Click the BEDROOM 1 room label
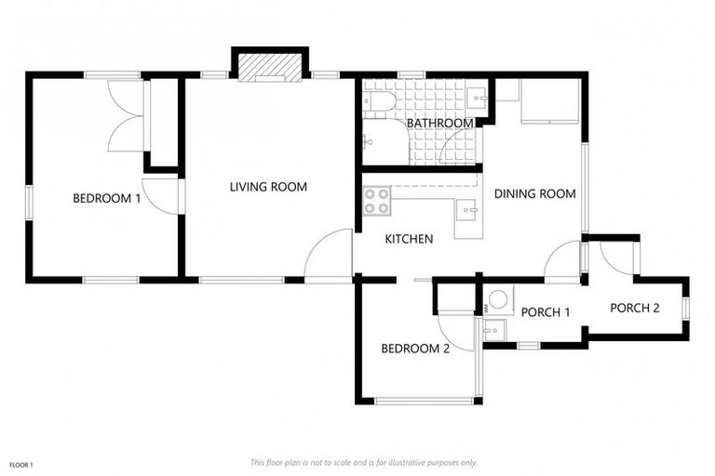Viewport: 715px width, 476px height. click(x=107, y=198)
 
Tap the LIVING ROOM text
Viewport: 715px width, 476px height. click(x=268, y=187)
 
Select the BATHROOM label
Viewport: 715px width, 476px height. click(x=440, y=123)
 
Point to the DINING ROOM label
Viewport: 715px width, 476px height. click(x=534, y=194)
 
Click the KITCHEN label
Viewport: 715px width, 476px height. click(x=409, y=239)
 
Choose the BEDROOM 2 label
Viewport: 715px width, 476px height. click(x=415, y=349)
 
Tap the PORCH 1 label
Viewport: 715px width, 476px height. click(x=545, y=312)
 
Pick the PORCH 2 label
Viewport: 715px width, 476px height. click(x=634, y=308)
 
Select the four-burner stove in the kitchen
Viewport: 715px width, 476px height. click(x=376, y=202)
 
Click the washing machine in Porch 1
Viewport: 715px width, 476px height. click(x=498, y=300)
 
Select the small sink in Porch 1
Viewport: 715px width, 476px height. click(x=492, y=328)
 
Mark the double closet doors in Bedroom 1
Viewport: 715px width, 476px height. click(x=126, y=116)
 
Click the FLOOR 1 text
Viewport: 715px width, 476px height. click(x=21, y=464)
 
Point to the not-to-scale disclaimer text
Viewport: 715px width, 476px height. click(x=363, y=462)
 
